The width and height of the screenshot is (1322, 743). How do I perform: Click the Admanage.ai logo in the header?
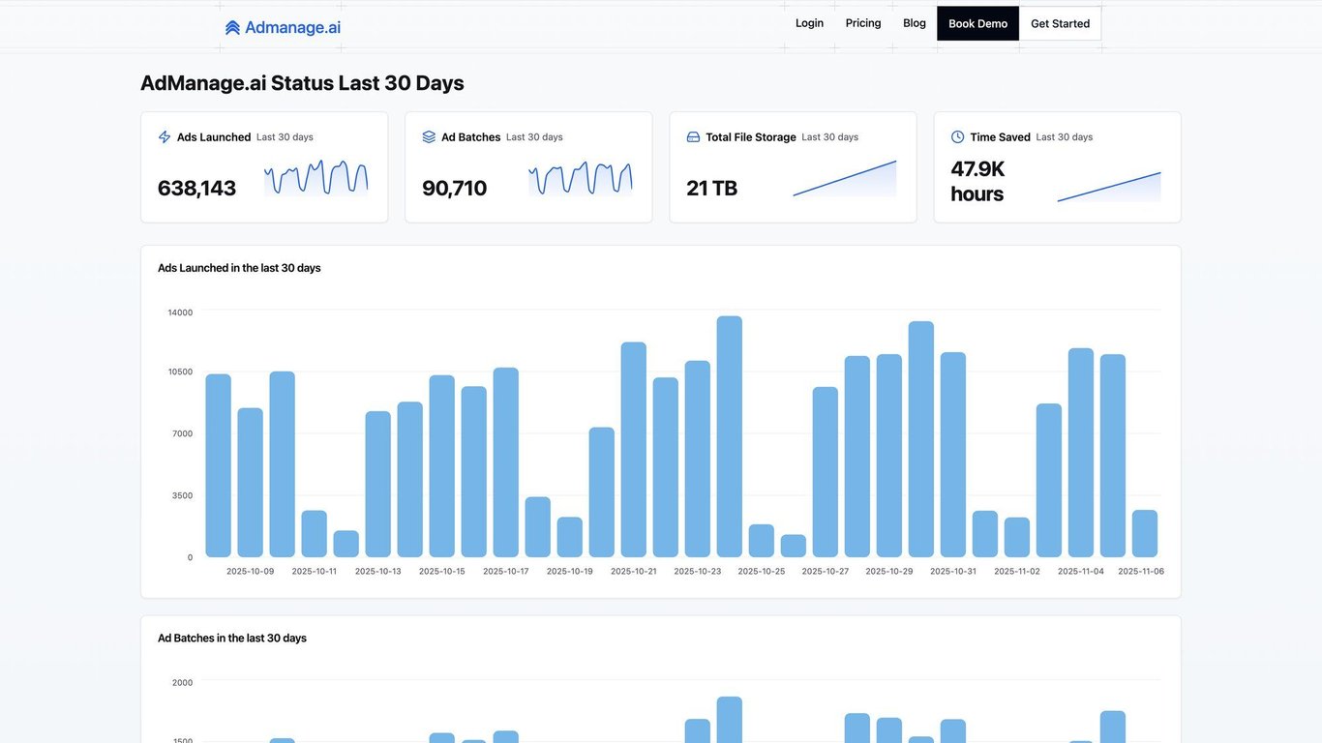283,27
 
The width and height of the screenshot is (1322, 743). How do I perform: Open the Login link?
809,23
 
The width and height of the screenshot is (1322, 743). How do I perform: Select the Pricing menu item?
863,23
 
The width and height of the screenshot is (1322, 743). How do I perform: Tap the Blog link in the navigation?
915,23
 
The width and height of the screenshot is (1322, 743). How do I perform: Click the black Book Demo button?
977,23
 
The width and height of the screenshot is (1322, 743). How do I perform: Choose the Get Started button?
1060,23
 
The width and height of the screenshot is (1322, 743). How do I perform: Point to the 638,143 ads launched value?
196,188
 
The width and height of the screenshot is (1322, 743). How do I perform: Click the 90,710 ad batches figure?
454,188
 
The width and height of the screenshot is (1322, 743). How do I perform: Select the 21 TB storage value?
711,188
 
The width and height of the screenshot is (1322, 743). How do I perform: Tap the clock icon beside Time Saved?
958,137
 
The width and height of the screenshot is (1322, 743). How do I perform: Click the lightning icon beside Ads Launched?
165,137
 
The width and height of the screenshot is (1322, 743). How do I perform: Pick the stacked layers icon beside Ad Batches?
429,137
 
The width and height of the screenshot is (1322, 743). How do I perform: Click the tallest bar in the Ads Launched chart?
730,435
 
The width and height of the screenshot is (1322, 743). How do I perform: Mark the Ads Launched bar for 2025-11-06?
1145,533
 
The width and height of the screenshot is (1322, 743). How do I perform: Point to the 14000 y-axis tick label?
180,312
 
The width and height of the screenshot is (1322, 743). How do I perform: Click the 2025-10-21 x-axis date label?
633,571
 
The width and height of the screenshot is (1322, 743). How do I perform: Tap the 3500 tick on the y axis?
182,495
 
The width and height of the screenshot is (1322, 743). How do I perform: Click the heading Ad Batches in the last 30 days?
232,639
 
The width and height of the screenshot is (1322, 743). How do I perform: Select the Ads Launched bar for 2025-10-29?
889,455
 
